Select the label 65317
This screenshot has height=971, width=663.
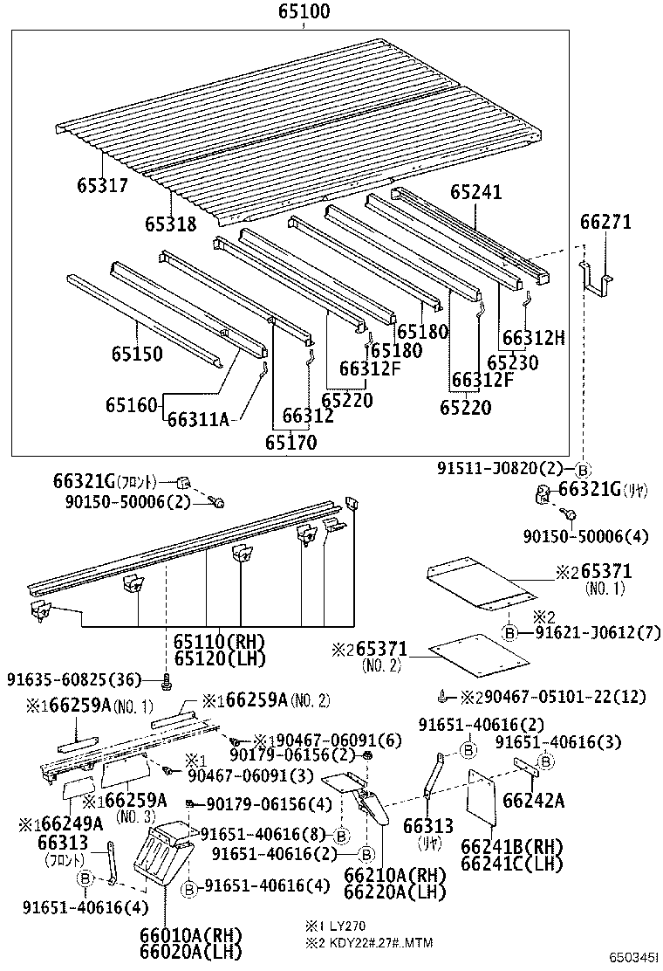click(x=101, y=186)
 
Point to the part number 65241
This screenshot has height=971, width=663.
click(x=476, y=193)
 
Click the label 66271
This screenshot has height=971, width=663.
click(x=606, y=224)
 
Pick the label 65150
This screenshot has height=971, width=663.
click(x=137, y=354)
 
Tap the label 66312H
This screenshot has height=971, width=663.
click(x=532, y=338)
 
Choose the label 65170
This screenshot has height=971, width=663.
click(x=291, y=443)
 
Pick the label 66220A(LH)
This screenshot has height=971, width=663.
click(x=394, y=892)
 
